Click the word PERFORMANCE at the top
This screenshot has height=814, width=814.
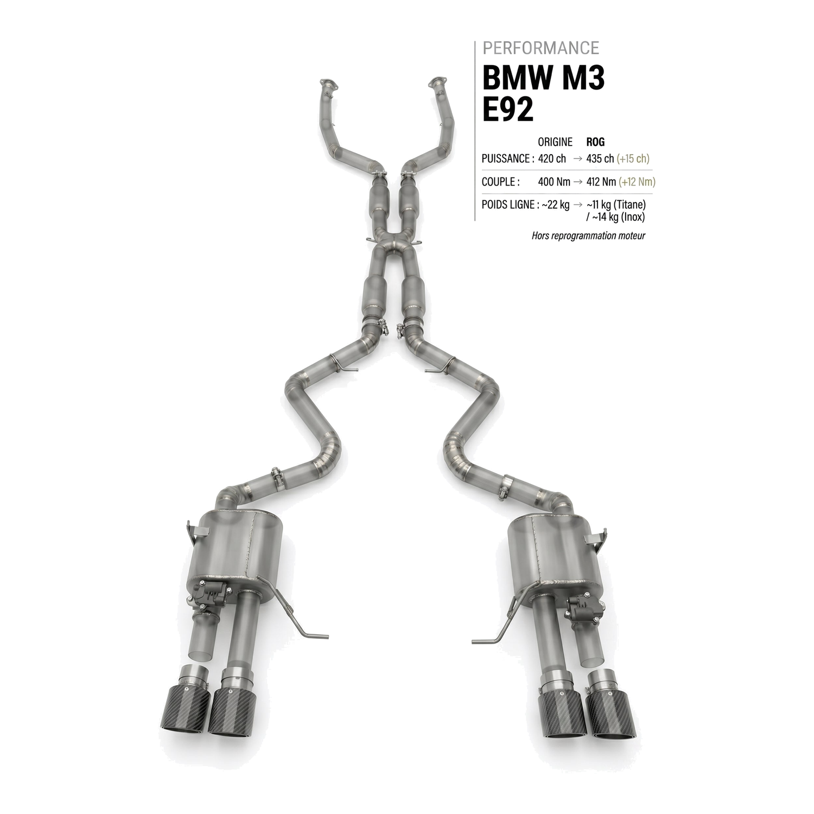click(540, 48)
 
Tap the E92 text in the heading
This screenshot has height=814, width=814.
click(508, 110)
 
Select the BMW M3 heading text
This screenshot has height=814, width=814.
click(543, 78)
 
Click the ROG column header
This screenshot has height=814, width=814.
click(595, 142)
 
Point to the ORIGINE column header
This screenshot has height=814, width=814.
click(555, 142)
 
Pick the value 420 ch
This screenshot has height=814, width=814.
click(552, 159)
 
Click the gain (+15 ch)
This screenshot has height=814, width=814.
click(633, 159)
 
